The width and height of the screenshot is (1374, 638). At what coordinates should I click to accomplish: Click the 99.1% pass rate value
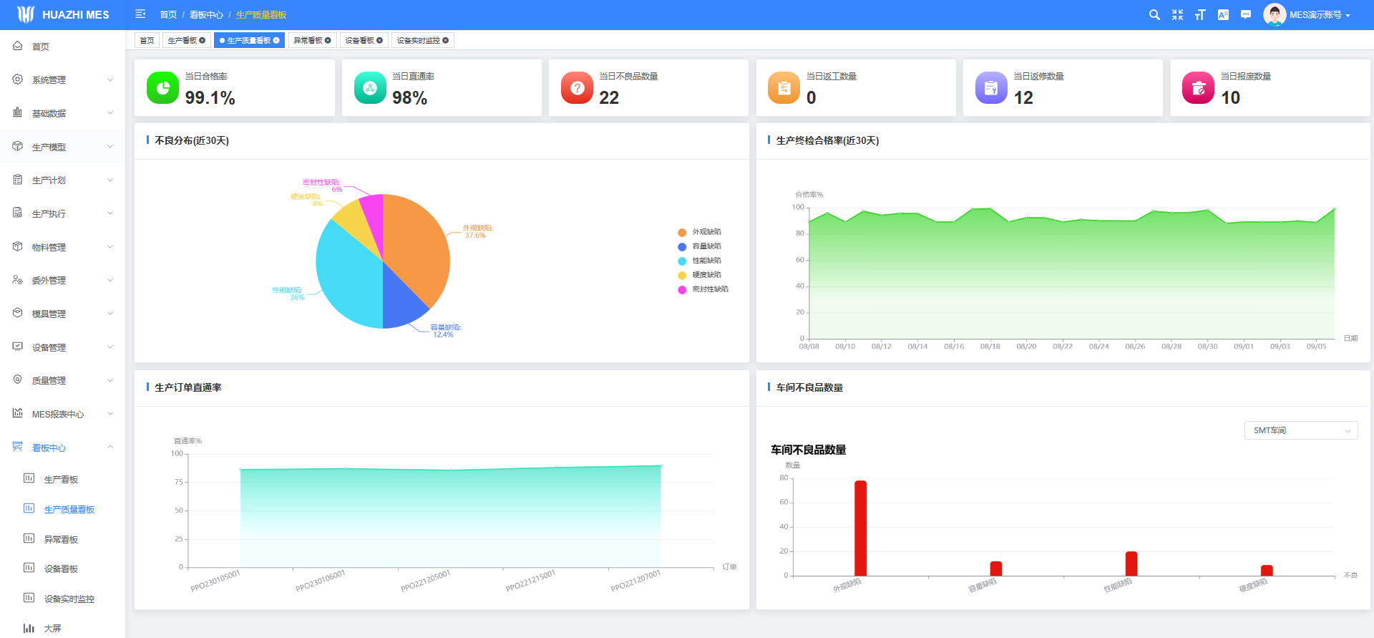tap(210, 98)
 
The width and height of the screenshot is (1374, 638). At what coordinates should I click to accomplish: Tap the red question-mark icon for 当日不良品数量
tap(578, 88)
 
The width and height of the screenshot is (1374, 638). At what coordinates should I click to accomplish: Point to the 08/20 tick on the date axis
tap(1026, 347)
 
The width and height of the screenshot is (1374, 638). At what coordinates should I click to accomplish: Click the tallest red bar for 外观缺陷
tap(860, 528)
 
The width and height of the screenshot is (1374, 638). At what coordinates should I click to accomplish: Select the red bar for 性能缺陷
tap(1131, 564)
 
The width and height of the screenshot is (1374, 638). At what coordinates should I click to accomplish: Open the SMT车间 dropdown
tap(1300, 430)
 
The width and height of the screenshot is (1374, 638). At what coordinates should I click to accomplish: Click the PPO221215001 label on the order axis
tap(530, 581)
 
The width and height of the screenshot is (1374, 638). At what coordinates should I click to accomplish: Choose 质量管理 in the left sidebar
tap(49, 381)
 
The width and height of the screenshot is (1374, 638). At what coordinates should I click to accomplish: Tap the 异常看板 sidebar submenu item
tap(61, 540)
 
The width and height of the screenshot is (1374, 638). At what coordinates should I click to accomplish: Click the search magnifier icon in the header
tap(1154, 15)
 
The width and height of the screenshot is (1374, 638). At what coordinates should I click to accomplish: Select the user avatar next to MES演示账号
tap(1274, 14)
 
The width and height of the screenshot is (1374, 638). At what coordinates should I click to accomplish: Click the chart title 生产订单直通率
tap(188, 387)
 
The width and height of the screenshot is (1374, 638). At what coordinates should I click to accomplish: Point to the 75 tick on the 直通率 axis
tap(179, 482)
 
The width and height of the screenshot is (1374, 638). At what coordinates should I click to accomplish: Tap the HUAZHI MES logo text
tap(76, 15)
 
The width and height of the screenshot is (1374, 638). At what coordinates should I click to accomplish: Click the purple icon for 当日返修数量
tap(991, 88)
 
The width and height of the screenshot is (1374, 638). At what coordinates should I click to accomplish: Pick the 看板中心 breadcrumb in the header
tap(206, 15)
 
